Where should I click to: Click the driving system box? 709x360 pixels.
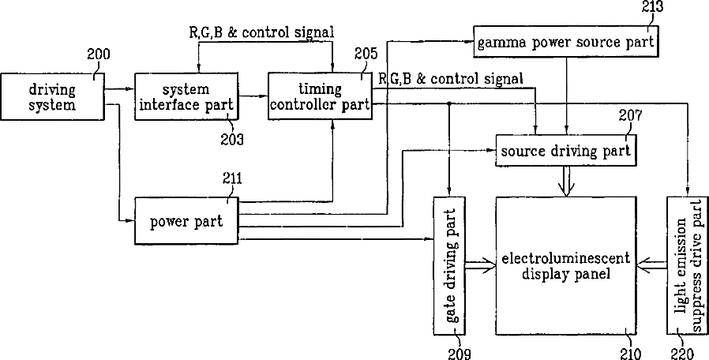[x=52, y=96]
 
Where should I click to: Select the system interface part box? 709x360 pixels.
[x=186, y=96]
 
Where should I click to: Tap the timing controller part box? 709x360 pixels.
[x=320, y=96]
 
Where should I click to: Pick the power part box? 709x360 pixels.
[x=186, y=221]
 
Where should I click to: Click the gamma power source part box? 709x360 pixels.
[x=565, y=42]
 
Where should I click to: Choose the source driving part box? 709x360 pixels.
[x=566, y=151]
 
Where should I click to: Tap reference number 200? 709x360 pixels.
[x=99, y=54]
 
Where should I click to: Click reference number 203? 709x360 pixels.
[x=232, y=139]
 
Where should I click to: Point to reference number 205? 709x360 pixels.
[x=366, y=54]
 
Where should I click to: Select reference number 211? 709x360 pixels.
[x=232, y=178]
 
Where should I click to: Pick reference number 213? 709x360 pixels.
[x=652, y=6]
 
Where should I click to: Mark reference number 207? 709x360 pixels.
[x=630, y=116]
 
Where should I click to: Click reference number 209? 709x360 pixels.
[x=459, y=353]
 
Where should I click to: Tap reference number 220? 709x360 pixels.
[x=681, y=353]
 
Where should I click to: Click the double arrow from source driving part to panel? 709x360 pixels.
[x=566, y=182]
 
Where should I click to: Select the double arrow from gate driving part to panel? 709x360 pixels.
[x=481, y=266]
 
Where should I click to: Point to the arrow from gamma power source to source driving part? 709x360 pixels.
[x=566, y=96]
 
